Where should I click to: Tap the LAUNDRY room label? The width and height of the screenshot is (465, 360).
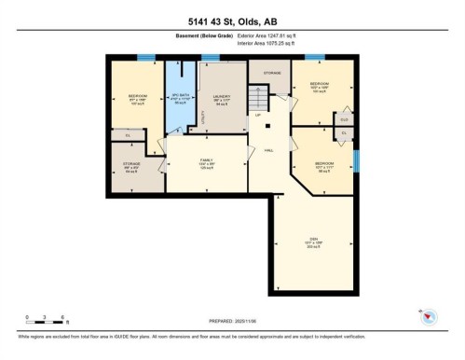coord(221,94)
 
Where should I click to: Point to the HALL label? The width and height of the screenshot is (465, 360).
coord(267,149)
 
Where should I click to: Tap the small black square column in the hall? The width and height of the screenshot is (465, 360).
coord(267,124)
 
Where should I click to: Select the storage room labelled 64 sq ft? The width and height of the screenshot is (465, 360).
coord(134,169)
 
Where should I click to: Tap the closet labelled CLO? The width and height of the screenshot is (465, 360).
coord(344,118)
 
